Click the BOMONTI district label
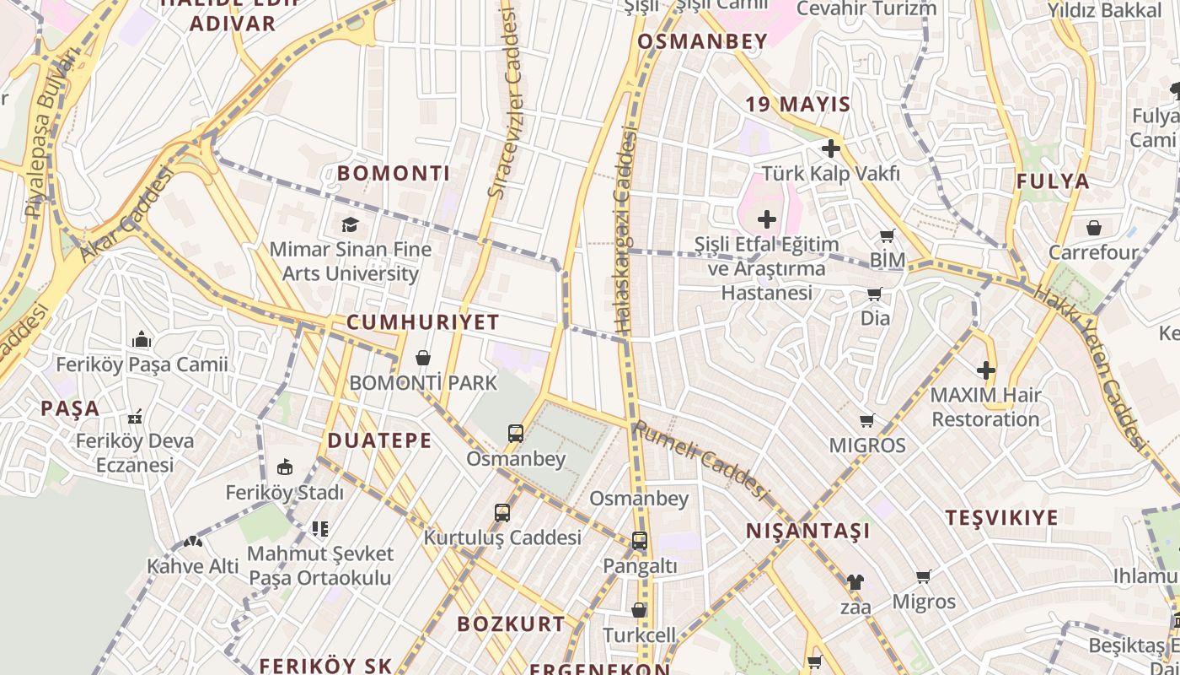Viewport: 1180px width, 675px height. (x=394, y=174)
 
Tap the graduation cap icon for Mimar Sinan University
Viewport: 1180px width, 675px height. (x=350, y=224)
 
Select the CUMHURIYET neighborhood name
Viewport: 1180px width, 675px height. (x=423, y=322)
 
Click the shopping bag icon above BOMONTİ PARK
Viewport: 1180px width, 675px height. (x=423, y=358)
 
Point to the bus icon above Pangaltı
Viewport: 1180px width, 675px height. (x=640, y=541)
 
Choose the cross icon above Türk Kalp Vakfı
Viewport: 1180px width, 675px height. (x=831, y=149)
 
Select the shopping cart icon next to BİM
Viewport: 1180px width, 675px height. (x=887, y=236)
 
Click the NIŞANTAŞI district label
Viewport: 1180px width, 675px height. (x=807, y=531)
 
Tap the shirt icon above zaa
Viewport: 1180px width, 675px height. (x=855, y=581)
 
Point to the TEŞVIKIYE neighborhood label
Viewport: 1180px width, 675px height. (x=1001, y=518)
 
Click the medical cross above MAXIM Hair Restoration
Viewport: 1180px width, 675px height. (x=986, y=370)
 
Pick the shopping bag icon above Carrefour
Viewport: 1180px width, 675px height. (x=1094, y=228)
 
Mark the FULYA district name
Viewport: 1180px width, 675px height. (x=1053, y=181)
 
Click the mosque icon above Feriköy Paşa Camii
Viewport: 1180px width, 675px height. (x=142, y=340)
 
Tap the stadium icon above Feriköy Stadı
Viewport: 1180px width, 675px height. (x=285, y=467)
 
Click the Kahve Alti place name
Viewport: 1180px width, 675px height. (x=193, y=566)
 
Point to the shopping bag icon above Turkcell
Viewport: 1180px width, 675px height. (x=640, y=610)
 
